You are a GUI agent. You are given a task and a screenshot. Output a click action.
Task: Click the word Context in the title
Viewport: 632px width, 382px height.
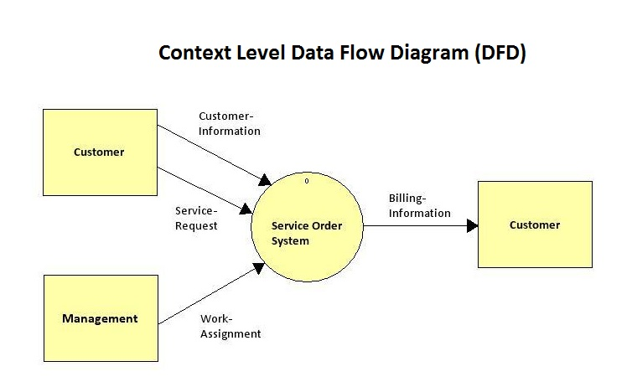(195, 53)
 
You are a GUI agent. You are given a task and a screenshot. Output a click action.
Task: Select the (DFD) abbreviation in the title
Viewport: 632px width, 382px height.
(500, 53)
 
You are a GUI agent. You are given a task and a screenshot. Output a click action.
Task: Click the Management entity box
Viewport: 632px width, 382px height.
(101, 318)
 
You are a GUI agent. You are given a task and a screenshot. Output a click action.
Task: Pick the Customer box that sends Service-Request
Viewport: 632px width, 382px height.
(100, 152)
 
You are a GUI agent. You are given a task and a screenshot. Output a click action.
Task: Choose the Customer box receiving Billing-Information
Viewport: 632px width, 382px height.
(535, 225)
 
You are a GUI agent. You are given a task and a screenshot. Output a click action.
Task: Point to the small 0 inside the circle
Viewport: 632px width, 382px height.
(307, 181)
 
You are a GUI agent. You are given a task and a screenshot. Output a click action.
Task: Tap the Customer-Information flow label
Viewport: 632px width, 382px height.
(230, 124)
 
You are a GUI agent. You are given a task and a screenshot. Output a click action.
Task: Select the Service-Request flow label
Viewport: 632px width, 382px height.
(196, 219)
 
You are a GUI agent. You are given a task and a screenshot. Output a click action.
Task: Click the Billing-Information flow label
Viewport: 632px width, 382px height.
(420, 205)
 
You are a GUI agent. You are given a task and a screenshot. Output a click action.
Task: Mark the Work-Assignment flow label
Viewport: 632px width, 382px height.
(231, 327)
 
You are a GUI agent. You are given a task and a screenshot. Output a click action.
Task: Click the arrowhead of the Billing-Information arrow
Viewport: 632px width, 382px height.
(473, 225)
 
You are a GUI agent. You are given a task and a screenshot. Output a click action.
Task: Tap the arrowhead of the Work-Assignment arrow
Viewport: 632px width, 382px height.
(259, 267)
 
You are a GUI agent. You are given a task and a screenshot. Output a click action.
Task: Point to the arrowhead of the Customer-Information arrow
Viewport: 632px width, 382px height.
(265, 180)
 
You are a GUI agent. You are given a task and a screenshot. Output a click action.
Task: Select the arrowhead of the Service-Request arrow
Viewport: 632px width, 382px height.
(246, 209)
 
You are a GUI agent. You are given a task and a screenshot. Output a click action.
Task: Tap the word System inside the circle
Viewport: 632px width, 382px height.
(290, 241)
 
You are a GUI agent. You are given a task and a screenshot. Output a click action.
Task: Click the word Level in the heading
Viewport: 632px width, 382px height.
(262, 53)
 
